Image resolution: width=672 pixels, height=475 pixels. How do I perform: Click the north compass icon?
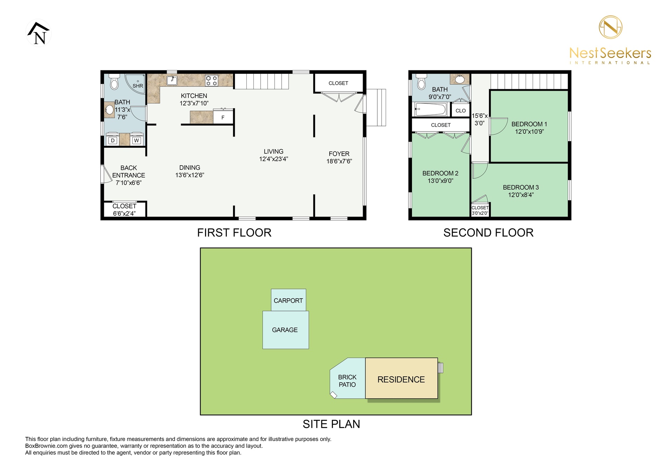click(x=38, y=33)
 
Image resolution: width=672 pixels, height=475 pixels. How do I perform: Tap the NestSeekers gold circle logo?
click(x=610, y=27)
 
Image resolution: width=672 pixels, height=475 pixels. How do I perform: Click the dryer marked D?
click(x=112, y=140)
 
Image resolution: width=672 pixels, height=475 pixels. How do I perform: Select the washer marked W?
click(x=136, y=140)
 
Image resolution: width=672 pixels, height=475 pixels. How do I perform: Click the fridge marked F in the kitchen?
click(x=223, y=117)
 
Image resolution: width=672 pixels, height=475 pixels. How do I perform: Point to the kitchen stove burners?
click(x=212, y=81)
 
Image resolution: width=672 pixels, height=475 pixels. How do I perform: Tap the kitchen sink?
click(x=172, y=81)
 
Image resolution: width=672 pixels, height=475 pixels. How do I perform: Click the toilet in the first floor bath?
click(x=114, y=82)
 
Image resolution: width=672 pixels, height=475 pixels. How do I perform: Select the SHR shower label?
click(x=138, y=86)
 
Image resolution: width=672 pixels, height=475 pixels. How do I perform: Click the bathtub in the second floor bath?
click(x=430, y=109)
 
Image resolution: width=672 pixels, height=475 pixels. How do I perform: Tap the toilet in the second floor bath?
click(x=421, y=82)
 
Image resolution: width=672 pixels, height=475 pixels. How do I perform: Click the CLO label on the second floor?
click(x=461, y=111)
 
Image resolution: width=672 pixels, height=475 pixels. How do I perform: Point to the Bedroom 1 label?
click(x=529, y=124)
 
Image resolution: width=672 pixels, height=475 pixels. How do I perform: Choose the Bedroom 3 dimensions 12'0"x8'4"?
click(x=521, y=195)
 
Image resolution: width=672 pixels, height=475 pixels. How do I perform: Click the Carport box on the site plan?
click(x=288, y=300)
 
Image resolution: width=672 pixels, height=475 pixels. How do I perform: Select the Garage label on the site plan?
click(x=285, y=330)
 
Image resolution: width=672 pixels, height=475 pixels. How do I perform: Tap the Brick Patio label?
click(x=347, y=381)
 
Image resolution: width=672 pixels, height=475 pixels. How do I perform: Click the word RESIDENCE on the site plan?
click(x=401, y=379)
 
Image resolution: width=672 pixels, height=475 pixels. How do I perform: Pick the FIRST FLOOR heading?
click(x=234, y=233)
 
